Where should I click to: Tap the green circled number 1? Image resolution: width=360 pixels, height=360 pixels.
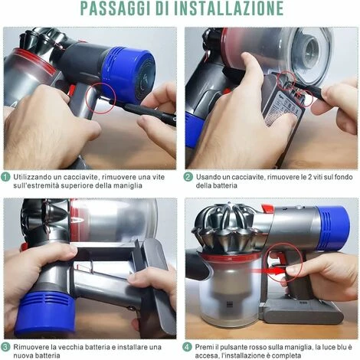tap(5, 177)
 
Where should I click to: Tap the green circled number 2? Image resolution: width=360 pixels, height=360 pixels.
tap(188, 177)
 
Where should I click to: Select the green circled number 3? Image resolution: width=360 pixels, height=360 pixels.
tap(5, 347)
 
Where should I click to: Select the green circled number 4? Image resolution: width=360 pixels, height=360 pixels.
tap(187, 347)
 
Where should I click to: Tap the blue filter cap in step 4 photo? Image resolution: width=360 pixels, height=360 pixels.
tap(333, 228)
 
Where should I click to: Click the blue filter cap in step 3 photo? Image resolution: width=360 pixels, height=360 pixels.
tap(44, 314)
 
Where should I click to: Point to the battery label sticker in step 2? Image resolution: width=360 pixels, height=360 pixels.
tap(283, 112)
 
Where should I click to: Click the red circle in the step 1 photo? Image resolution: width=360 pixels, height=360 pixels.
tap(100, 98)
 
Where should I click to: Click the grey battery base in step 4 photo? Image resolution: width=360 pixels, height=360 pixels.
tap(301, 312)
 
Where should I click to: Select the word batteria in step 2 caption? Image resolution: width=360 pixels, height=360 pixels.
tap(217, 185)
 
